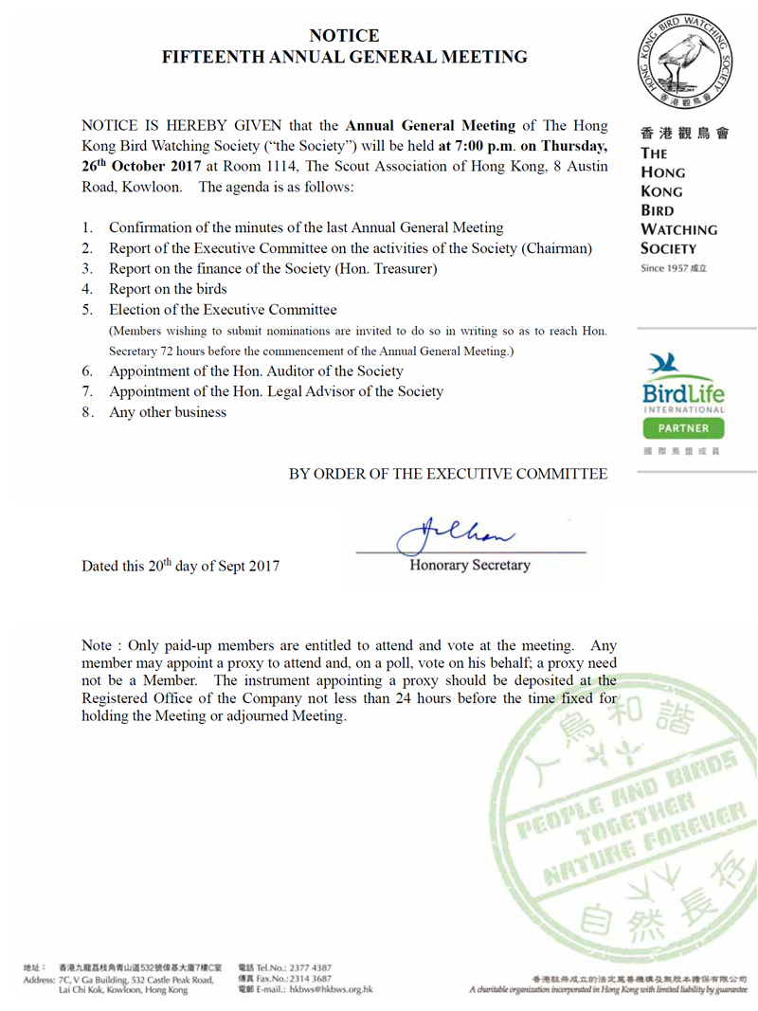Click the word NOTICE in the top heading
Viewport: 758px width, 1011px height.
(344, 35)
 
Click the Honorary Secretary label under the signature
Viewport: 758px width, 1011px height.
(469, 566)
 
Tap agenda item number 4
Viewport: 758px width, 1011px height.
(86, 289)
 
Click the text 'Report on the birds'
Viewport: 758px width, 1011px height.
(168, 289)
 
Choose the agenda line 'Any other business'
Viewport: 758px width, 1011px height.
(168, 412)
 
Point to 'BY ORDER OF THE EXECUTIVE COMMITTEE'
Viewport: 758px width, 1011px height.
(448, 474)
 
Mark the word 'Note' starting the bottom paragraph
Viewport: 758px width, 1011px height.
(99, 645)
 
